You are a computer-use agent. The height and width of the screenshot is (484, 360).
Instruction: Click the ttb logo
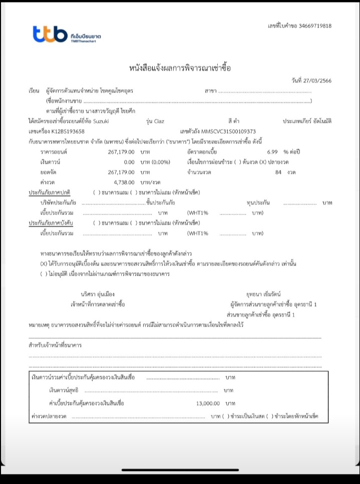(x=50, y=35)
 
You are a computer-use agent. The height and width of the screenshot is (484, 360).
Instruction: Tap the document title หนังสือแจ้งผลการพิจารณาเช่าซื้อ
(x=180, y=68)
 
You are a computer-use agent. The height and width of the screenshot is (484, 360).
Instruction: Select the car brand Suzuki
(x=100, y=121)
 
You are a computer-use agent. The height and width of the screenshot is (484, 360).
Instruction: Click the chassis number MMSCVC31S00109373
(x=228, y=131)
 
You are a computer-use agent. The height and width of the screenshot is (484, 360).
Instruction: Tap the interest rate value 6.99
(x=272, y=151)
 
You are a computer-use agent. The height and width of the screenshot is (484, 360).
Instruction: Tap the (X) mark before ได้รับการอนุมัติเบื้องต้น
(x=44, y=264)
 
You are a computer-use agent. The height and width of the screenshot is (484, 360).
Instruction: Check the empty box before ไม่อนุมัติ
(x=44, y=274)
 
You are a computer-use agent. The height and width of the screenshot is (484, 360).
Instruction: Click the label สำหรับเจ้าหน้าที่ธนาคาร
(x=55, y=346)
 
